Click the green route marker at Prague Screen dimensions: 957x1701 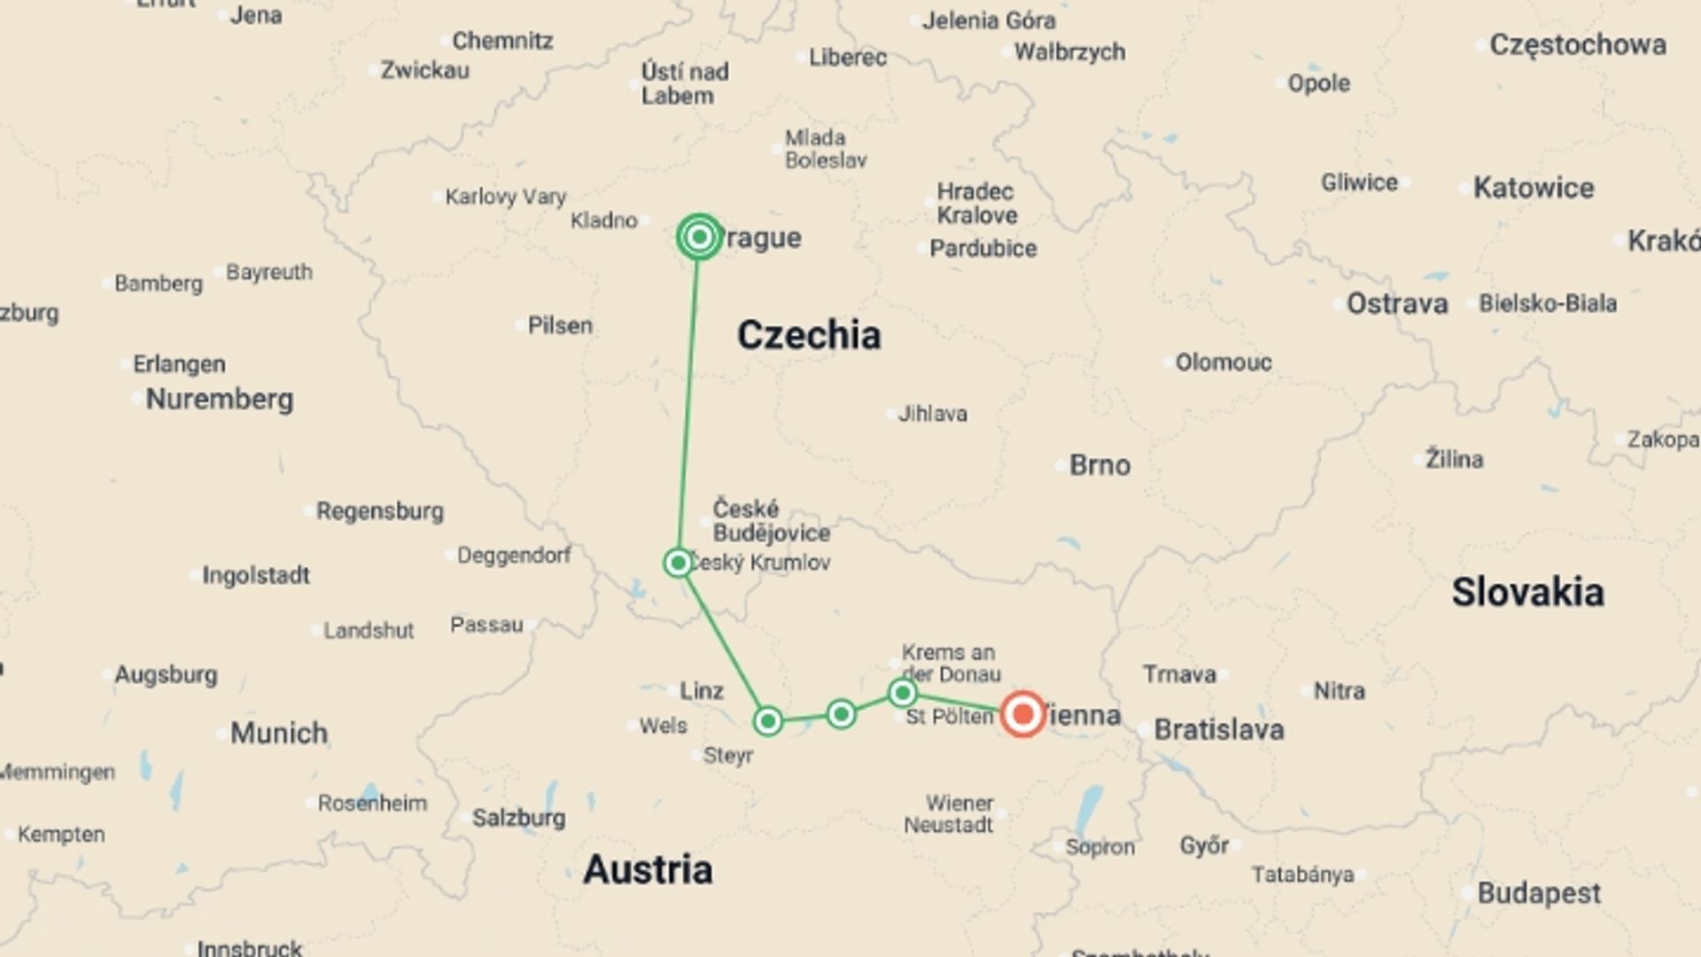click(699, 237)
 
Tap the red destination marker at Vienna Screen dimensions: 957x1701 click(1022, 713)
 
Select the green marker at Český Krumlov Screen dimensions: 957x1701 click(678, 563)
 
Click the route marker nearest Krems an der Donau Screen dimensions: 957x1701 click(902, 692)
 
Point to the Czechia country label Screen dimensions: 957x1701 click(809, 335)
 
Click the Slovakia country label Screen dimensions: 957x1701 click(1527, 592)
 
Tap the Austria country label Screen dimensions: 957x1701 click(648, 869)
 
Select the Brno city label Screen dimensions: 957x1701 click(1099, 465)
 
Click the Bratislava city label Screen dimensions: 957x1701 click(1218, 729)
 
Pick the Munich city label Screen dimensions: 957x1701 click(278, 733)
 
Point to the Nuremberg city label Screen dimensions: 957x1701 click(219, 399)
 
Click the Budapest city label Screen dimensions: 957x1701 click(1538, 892)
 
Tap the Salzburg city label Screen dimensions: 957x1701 click(518, 817)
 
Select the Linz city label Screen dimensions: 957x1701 click(701, 690)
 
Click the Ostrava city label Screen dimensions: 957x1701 click(1396, 303)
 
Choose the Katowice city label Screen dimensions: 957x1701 click(1533, 188)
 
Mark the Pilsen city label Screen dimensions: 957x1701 click(560, 325)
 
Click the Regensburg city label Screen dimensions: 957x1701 click(380, 511)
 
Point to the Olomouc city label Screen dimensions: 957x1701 click(1223, 362)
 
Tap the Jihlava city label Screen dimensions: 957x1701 click(932, 413)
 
